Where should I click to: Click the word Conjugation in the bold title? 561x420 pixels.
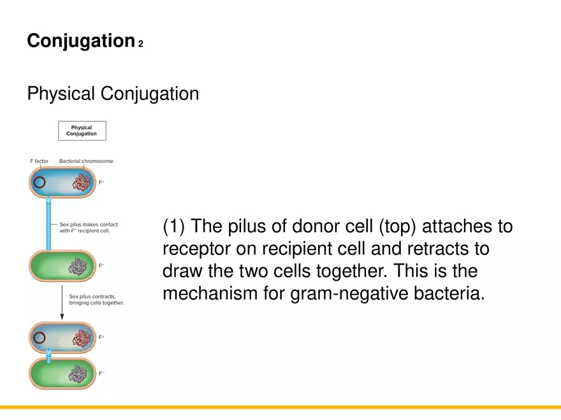[x=80, y=41]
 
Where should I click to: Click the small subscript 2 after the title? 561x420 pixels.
[x=140, y=45]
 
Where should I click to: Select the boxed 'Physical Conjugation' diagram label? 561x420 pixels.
[x=82, y=131]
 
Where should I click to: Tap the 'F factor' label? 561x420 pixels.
[x=40, y=161]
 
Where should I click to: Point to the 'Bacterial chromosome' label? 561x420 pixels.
[x=86, y=161]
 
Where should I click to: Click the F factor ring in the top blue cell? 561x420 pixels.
[x=40, y=183]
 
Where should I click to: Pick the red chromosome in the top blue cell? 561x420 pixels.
[x=81, y=183]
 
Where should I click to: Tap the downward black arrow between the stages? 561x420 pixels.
[x=62, y=302]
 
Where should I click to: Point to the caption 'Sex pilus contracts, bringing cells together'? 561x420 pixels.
[x=96, y=300]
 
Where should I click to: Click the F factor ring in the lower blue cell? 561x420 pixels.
[x=40, y=338]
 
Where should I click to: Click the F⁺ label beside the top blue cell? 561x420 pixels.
[x=101, y=183]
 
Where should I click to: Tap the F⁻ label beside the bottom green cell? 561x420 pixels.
[x=101, y=374]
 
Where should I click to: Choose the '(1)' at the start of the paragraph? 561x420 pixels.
[x=174, y=227]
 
